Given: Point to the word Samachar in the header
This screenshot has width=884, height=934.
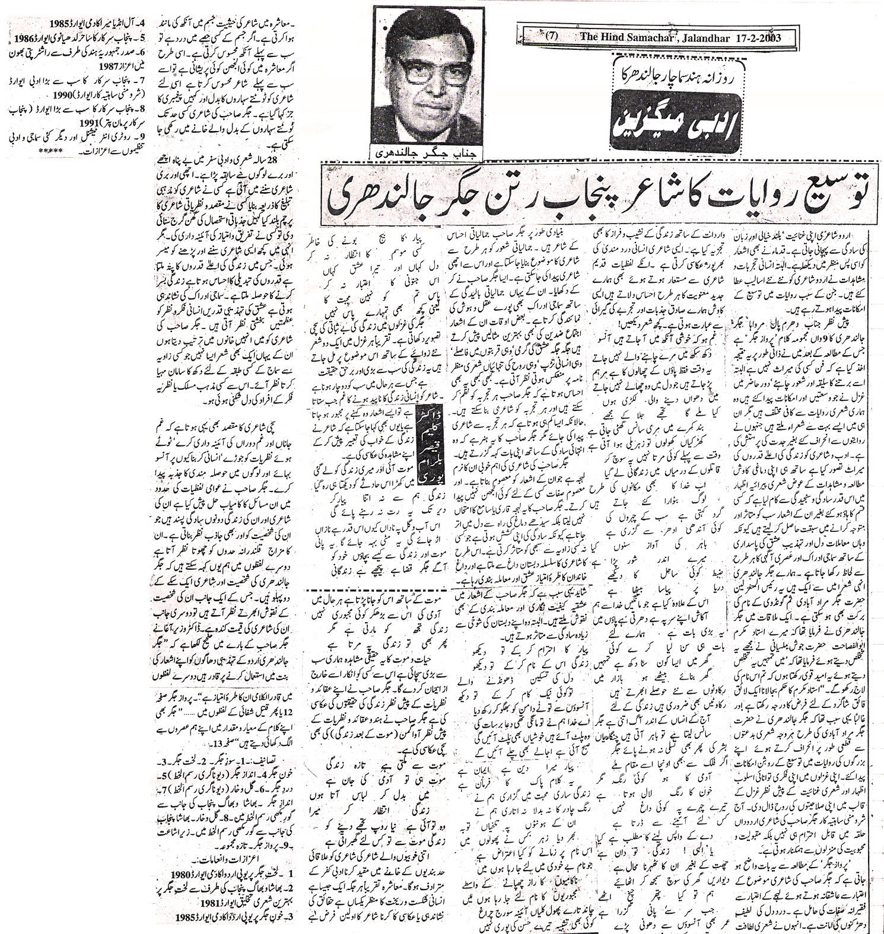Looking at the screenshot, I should click(x=636, y=37).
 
